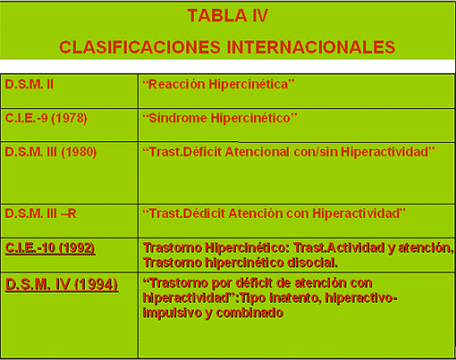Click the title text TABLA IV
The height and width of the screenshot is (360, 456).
point(228,15)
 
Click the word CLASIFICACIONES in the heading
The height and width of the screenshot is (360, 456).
point(139,47)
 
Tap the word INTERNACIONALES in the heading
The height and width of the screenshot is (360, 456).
point(311,47)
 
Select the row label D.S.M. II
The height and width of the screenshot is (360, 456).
point(30,84)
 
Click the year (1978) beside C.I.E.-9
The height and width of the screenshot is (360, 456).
point(69,118)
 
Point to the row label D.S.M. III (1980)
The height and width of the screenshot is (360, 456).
point(51,152)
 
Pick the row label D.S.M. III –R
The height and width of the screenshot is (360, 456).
point(40,213)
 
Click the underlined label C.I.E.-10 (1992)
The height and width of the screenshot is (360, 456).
point(50,248)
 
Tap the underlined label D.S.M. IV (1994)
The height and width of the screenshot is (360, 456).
point(62,284)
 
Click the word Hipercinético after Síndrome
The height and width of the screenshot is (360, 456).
point(250,118)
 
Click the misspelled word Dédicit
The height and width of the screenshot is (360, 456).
point(204,213)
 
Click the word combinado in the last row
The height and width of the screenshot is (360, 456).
point(249,313)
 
